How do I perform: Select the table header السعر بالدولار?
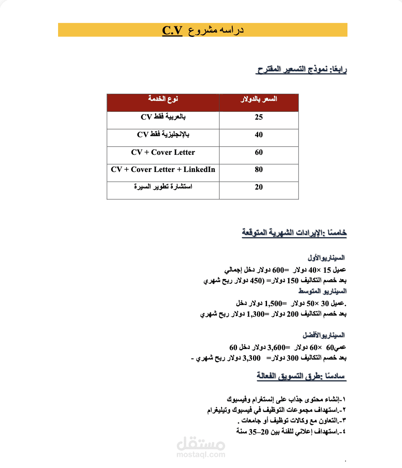click(259, 99)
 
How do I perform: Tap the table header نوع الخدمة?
click(163, 99)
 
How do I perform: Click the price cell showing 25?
click(259, 117)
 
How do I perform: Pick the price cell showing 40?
click(259, 135)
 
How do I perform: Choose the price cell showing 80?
click(259, 170)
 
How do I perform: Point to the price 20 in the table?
click(259, 187)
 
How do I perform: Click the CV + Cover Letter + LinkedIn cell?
click(163, 169)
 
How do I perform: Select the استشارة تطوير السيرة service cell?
click(163, 186)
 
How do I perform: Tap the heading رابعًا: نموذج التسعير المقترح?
click(302, 69)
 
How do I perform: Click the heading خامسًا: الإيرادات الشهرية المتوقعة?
click(294, 233)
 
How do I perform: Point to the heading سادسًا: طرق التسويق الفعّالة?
click(302, 376)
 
